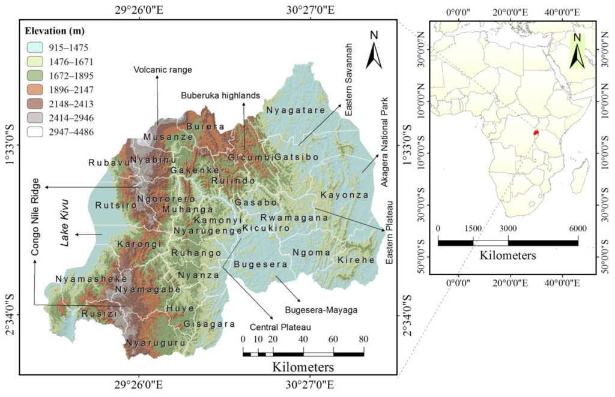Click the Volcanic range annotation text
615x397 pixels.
click(x=163, y=70)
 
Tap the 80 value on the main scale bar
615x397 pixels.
click(x=363, y=339)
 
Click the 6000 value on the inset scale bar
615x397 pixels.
click(x=577, y=229)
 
